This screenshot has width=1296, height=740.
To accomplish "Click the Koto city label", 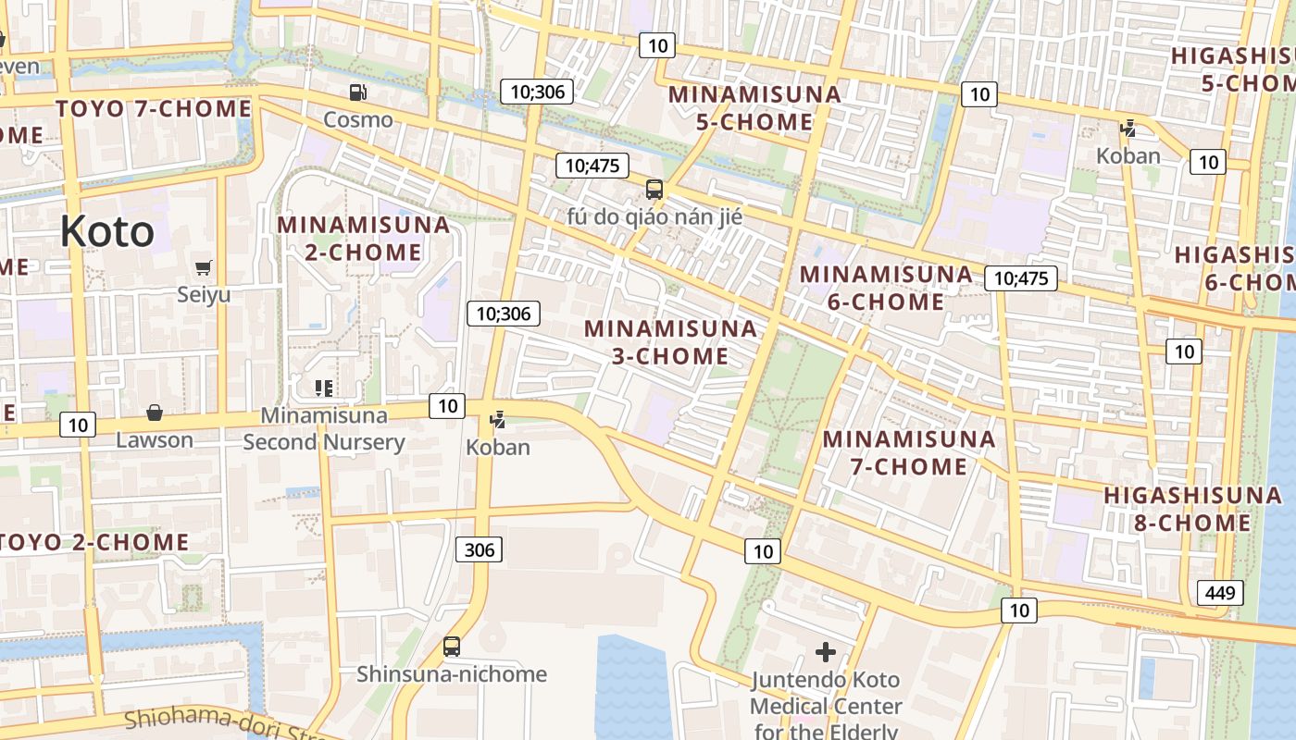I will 107,231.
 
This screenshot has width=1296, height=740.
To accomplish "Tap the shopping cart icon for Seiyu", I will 204,268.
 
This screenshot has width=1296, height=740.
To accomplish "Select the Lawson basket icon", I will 155,413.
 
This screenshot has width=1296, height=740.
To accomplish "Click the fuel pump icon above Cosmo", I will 357,92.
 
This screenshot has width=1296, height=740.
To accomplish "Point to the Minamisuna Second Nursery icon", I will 323,388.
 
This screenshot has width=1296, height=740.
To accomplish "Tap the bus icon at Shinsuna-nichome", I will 452,647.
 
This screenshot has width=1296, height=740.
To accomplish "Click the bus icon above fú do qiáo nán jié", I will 654,190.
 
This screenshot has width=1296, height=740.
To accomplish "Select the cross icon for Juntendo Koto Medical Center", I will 825,652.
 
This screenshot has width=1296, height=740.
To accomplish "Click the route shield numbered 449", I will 1219,593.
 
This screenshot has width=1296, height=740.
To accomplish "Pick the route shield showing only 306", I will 479,550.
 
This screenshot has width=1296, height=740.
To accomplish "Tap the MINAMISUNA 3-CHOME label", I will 670,342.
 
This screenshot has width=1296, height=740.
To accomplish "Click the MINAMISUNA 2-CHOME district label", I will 363,238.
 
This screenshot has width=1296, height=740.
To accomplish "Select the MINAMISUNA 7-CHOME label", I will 909,452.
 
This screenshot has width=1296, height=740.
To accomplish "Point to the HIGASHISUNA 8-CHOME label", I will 1192,509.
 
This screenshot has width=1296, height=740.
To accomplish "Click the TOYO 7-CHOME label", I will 154,109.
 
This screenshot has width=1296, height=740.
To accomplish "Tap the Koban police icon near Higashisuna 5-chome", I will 1128,129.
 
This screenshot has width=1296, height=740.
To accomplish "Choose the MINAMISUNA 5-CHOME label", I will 754,107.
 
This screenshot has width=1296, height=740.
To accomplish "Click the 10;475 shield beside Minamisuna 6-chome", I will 1020,278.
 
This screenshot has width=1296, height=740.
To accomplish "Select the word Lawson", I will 155,440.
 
